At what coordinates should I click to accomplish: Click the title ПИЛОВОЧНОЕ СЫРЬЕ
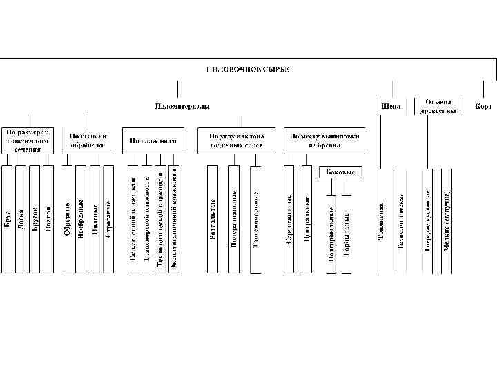pyautogui.click(x=248, y=69)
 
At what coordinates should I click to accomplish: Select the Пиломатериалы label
pyautogui.click(x=182, y=107)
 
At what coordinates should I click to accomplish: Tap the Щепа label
pyautogui.click(x=389, y=107)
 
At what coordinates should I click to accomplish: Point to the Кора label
pyautogui.click(x=483, y=107)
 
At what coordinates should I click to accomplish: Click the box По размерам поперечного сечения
pyautogui.click(x=30, y=140)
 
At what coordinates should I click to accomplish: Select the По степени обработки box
pyautogui.click(x=88, y=140)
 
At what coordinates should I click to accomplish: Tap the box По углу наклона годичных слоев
pyautogui.click(x=235, y=140)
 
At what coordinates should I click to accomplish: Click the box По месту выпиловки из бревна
pyautogui.click(x=325, y=140)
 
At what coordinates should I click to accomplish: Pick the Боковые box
pyautogui.click(x=340, y=172)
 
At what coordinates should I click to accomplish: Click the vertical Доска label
pyautogui.click(x=21, y=219)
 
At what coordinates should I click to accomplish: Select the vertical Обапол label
pyautogui.click(x=48, y=219)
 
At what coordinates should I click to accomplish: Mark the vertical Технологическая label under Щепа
pyautogui.click(x=401, y=219)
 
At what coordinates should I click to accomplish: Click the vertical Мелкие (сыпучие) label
pyautogui.click(x=447, y=219)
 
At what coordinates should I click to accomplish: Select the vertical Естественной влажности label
pyautogui.click(x=133, y=219)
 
